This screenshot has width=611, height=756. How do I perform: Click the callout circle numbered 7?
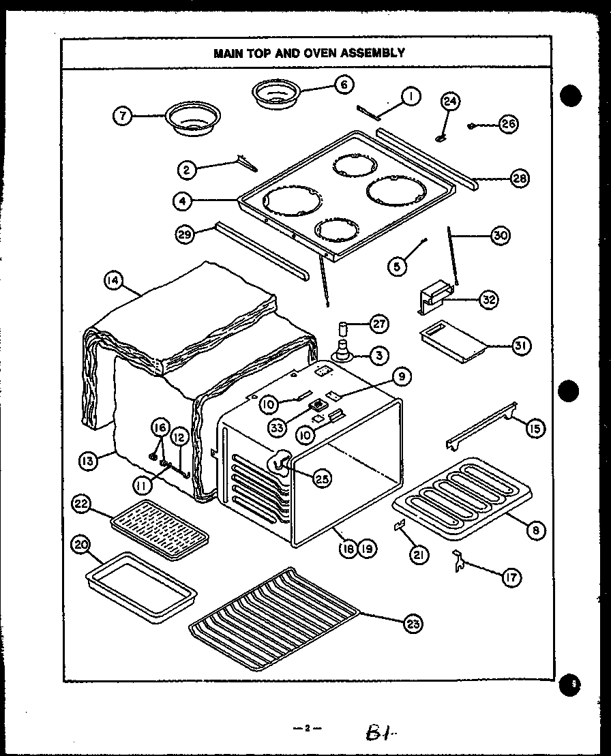pyautogui.click(x=122, y=117)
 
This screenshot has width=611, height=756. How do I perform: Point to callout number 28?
pyautogui.click(x=520, y=179)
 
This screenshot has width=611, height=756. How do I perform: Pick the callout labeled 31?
pyautogui.click(x=521, y=346)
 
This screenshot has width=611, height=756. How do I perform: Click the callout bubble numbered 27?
pyautogui.click(x=378, y=324)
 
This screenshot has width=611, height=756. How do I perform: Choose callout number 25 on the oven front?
pyautogui.click(x=321, y=479)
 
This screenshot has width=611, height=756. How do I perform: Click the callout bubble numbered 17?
pyautogui.click(x=511, y=577)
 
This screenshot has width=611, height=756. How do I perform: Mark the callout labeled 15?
pyautogui.click(x=535, y=428)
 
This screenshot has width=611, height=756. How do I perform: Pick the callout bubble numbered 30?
pyautogui.click(x=500, y=236)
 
